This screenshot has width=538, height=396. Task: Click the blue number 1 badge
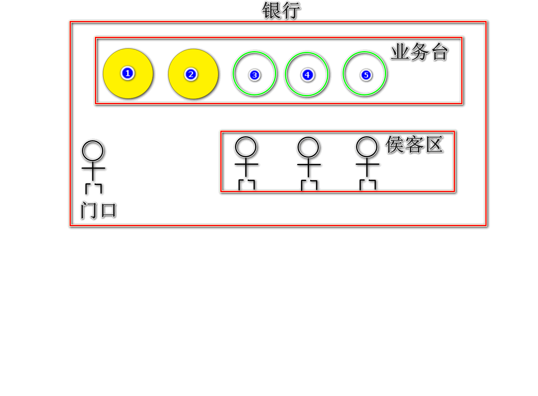(x=127, y=73)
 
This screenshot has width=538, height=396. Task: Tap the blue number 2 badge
(x=191, y=74)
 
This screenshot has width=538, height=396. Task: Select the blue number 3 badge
(x=254, y=75)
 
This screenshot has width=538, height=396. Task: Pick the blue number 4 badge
(x=307, y=75)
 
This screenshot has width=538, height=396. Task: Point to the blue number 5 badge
(x=366, y=75)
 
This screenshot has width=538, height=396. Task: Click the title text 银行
(x=281, y=11)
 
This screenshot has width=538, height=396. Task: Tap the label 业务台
(x=419, y=52)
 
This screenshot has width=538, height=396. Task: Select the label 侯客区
(x=414, y=145)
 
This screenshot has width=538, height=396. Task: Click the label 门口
(x=99, y=210)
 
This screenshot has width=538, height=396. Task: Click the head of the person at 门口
(x=93, y=151)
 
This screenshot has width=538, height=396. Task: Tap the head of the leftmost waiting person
(x=246, y=147)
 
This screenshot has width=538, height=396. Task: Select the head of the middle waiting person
(x=308, y=147)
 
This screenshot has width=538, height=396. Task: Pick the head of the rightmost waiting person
(x=367, y=147)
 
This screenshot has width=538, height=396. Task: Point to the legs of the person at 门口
(x=94, y=188)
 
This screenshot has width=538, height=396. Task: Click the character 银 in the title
(x=271, y=11)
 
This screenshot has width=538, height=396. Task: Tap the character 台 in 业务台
(x=439, y=52)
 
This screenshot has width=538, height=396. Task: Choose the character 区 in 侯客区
(x=434, y=145)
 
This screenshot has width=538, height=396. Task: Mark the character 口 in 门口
(x=108, y=210)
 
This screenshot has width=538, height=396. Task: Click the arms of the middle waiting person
(x=309, y=164)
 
